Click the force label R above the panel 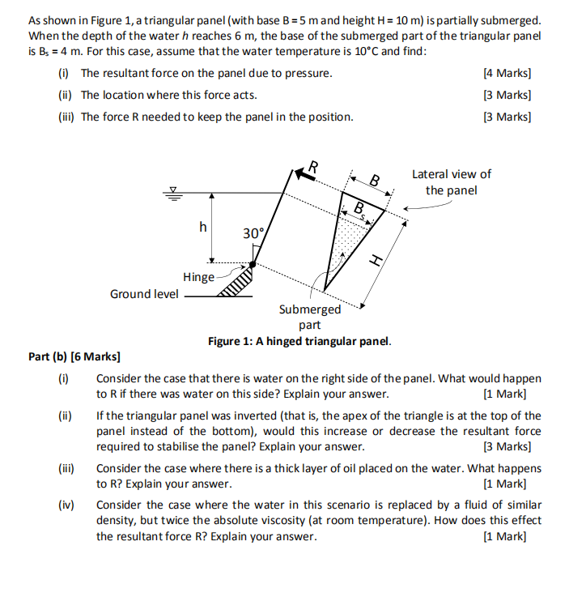point(314,166)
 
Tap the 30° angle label point(253,233)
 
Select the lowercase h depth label point(203,228)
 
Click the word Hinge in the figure point(198,277)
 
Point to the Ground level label point(144,293)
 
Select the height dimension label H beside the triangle point(374,260)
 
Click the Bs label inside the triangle point(361,210)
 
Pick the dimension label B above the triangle point(374,180)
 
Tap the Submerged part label point(310,317)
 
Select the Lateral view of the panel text point(451,182)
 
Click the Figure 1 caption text point(299,341)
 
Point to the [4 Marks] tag point(507,73)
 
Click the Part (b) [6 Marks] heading point(74,356)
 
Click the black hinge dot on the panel point(253,264)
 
